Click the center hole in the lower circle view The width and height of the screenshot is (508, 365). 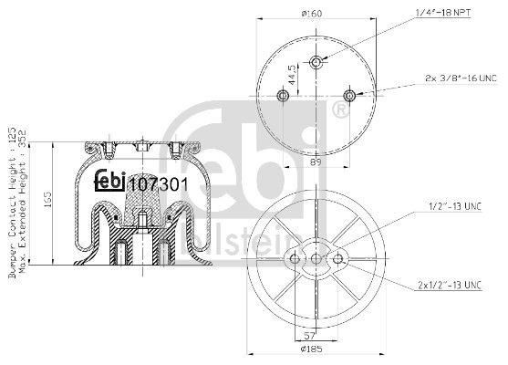tap(316, 260)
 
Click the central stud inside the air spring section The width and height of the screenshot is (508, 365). tap(142, 220)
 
